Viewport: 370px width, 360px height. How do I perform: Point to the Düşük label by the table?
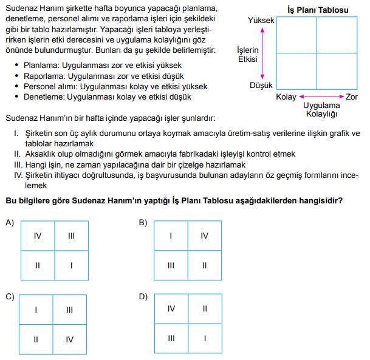point(262,86)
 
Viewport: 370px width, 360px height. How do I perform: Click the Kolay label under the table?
point(286,97)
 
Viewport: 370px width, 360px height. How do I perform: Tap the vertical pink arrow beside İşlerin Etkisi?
point(263,53)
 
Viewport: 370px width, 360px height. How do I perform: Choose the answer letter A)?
point(9,223)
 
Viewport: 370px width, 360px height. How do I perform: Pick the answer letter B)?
point(143,223)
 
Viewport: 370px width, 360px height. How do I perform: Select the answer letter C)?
point(9,296)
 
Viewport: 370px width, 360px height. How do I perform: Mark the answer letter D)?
point(143,296)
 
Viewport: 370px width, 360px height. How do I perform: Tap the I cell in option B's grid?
point(171,236)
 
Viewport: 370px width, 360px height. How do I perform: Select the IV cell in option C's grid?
point(70,339)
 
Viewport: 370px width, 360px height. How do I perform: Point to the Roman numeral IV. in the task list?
point(18,174)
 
